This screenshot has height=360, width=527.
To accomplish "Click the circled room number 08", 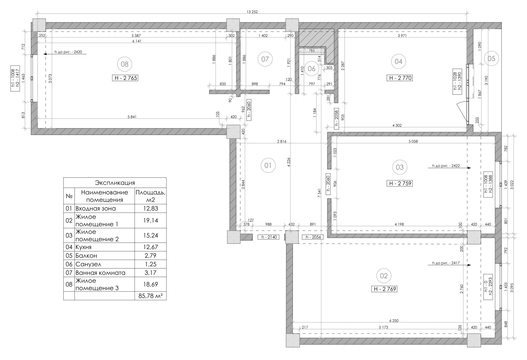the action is [x=125, y=64].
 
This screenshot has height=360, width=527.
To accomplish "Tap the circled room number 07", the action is [x=265, y=59].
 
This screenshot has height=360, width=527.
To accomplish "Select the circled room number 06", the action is [x=312, y=69].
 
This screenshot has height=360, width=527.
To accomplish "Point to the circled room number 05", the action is [x=491, y=58].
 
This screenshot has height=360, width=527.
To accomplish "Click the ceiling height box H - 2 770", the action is [x=400, y=78].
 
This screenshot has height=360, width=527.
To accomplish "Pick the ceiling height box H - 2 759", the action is [x=400, y=183].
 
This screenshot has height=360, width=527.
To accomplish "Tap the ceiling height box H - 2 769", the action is [x=384, y=289].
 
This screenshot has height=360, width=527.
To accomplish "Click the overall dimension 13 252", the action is [x=252, y=12].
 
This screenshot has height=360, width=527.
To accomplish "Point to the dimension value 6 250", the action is [x=394, y=321].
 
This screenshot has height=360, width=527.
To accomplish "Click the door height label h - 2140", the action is [x=268, y=237].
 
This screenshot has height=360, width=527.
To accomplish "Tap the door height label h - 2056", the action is [x=313, y=237].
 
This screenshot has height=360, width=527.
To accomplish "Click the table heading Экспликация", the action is [x=115, y=183].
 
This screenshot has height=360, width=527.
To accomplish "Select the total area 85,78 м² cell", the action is [x=151, y=296].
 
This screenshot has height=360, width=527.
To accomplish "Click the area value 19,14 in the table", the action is [x=151, y=220].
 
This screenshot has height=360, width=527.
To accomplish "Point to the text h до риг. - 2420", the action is [x=68, y=52].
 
